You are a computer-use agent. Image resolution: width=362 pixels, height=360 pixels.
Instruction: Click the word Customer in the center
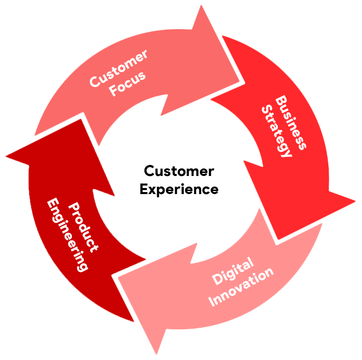179,171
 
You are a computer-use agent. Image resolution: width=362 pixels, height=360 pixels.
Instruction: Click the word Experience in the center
179,190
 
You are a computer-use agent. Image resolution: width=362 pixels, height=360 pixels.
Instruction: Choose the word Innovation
242,286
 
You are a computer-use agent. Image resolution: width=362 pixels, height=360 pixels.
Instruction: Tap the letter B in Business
281,99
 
